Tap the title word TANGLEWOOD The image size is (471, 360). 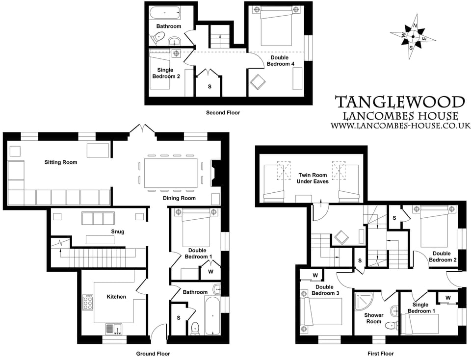400,103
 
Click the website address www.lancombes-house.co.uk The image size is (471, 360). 400,126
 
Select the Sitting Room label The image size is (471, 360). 61,162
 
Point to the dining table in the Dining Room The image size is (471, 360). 168,173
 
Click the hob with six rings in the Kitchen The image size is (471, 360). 88,303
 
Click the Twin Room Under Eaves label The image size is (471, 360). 313,178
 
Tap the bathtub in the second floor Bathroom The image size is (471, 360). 165,12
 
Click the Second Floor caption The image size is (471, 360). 223,113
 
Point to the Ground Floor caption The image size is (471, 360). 153,354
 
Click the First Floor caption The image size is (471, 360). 380,354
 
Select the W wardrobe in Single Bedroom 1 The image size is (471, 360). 448,298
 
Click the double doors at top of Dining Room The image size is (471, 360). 143,129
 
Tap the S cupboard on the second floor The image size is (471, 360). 210,86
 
